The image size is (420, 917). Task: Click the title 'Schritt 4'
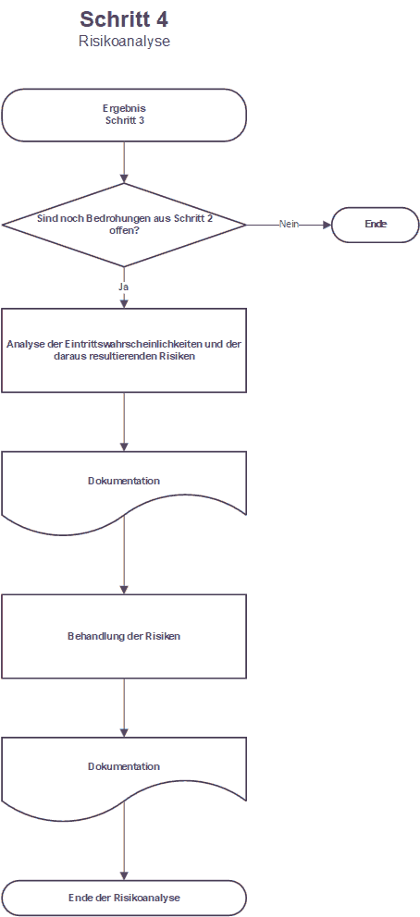[124, 18]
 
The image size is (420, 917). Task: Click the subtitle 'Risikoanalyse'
[124, 43]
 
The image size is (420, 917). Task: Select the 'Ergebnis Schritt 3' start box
[124, 116]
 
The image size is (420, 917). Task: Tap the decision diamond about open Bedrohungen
[124, 225]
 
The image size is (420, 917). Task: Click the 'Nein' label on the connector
[289, 224]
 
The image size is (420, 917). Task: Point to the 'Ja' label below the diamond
[123, 287]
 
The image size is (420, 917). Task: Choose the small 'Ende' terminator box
[376, 225]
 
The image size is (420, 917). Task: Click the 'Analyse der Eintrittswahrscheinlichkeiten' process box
[124, 350]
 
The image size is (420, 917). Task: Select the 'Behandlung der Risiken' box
[124, 636]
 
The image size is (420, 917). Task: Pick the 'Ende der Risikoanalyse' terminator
[124, 898]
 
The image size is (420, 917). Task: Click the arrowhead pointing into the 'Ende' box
[327, 225]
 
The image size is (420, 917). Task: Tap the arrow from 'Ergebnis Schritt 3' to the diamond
[124, 163]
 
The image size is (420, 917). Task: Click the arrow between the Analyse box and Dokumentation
[124, 422]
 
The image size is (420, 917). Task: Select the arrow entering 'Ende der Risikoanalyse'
[124, 844]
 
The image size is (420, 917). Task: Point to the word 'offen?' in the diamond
[124, 230]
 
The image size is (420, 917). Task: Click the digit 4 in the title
[162, 18]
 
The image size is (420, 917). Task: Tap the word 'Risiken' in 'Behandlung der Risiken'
[163, 636]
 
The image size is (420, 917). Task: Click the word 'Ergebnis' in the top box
[124, 109]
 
